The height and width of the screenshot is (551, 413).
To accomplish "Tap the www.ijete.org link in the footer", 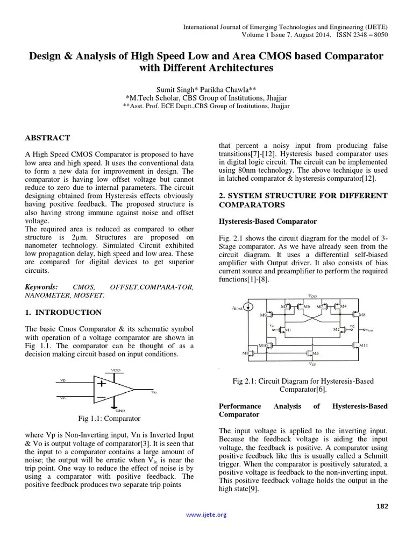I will [x=206, y=515].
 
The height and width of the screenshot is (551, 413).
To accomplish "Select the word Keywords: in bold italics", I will [x=42, y=287].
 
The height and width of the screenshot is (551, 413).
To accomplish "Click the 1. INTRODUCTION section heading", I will [x=63, y=312].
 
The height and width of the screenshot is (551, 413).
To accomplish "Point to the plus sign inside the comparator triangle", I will [x=101, y=384].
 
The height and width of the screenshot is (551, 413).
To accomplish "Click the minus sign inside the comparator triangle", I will [x=101, y=398].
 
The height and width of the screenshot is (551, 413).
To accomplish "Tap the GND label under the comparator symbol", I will [x=120, y=410].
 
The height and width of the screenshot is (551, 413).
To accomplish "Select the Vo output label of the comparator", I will [x=154, y=393].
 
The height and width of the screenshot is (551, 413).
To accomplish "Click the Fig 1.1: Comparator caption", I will [x=109, y=418].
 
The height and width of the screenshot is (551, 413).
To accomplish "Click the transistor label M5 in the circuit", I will [x=315, y=353].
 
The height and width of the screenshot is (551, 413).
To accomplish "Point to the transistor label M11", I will [x=364, y=344].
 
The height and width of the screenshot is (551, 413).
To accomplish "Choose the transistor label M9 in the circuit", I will [x=263, y=314].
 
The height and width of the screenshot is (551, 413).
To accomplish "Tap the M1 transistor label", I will [x=288, y=329].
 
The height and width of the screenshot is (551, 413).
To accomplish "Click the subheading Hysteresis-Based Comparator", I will [x=267, y=221].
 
